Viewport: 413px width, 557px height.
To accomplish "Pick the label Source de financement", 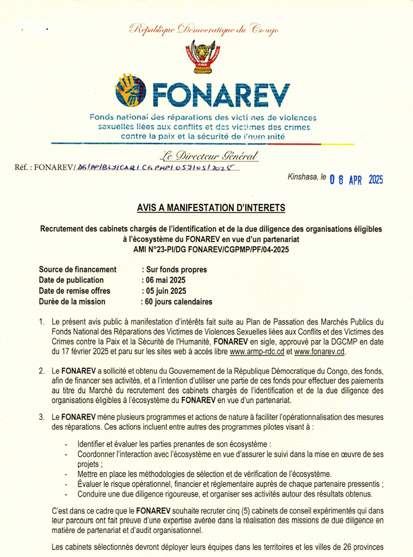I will [78, 269].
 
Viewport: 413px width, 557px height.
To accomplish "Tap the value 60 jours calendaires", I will [177, 301].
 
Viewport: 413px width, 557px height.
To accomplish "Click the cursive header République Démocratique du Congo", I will [206, 28].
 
